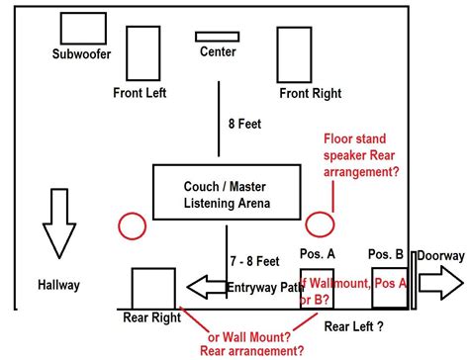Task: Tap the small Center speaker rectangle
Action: click(x=217, y=37)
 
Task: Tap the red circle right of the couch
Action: click(x=319, y=224)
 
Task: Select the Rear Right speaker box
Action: click(x=152, y=288)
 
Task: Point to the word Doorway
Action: click(x=439, y=255)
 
